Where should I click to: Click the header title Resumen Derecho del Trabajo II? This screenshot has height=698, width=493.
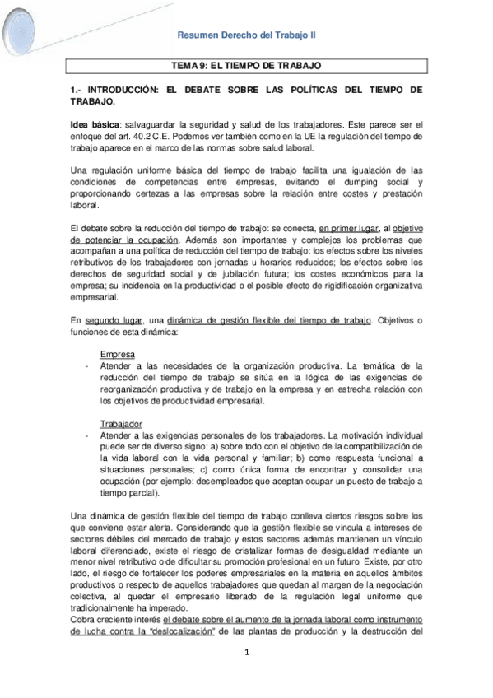[247, 35]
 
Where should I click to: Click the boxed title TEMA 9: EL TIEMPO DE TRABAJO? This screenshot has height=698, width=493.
[246, 64]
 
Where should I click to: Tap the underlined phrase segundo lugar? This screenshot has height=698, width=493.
[114, 319]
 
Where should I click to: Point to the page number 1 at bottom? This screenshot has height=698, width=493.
[246, 653]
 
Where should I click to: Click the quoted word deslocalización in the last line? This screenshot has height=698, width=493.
[181, 631]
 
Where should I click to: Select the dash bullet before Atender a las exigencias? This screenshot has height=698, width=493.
[86, 435]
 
